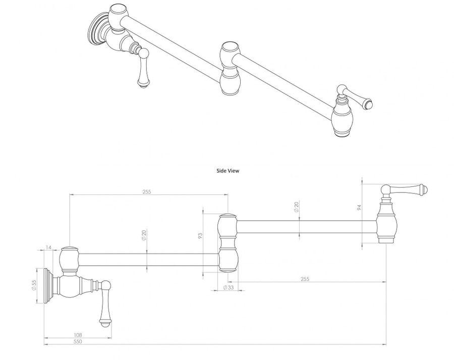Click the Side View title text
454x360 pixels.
pyautogui.click(x=228, y=171)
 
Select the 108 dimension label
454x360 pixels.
pyautogui.click(x=77, y=335)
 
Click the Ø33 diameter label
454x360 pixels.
pyautogui.click(x=228, y=287)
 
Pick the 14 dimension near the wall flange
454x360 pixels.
pyautogui.click(x=48, y=247)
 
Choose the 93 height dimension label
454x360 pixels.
pyautogui.click(x=200, y=235)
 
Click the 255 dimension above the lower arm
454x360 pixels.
pyautogui.click(x=147, y=192)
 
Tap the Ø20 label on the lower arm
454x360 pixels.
pyautogui.click(x=143, y=235)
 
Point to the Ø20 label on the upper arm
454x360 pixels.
pyautogui.click(x=297, y=207)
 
